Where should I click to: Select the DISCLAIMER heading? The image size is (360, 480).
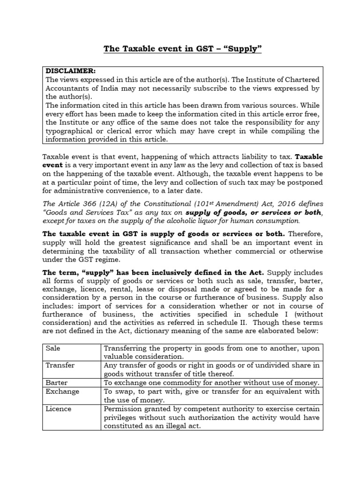(x=70, y=71)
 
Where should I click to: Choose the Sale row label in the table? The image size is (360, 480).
(x=52, y=349)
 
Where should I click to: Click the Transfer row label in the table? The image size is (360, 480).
(x=60, y=365)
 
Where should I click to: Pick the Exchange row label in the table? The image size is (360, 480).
(x=62, y=391)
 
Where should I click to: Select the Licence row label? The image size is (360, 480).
(x=59, y=409)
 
